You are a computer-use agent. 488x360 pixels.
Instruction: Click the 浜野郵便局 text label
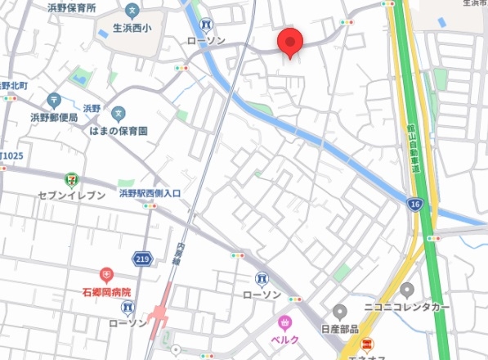(x=54, y=118)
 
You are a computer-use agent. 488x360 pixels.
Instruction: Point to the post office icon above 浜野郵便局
(x=54, y=101)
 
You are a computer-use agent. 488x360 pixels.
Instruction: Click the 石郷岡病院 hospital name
(x=106, y=291)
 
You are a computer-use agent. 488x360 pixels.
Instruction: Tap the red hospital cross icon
(x=105, y=275)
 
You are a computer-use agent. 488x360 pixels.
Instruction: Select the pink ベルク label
(x=284, y=339)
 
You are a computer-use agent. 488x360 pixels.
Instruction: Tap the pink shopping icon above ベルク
(x=285, y=322)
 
